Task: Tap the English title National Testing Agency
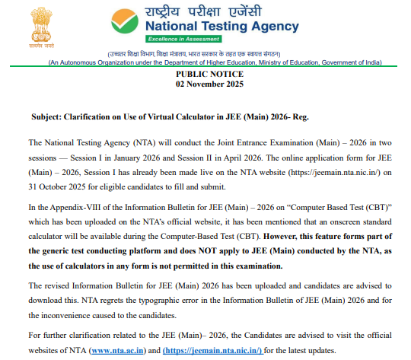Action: (x=221, y=27)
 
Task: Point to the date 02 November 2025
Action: (x=211, y=84)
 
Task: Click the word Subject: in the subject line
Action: (x=49, y=118)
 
